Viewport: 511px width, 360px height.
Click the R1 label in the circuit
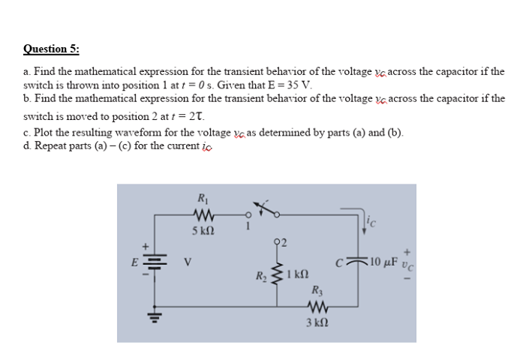[x=202, y=199]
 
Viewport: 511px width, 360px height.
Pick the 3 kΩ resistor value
[x=315, y=322]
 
